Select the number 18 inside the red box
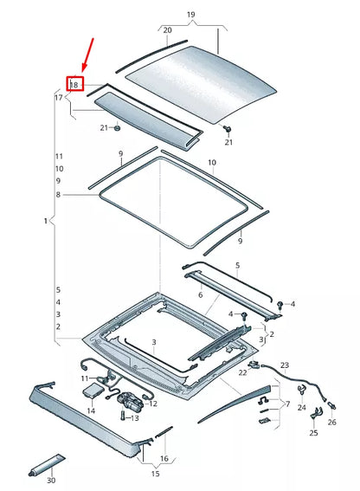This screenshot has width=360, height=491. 74,85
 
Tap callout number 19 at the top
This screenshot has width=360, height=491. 191,15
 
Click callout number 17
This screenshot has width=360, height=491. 59,98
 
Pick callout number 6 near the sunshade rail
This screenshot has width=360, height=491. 201,295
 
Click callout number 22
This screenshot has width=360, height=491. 242,372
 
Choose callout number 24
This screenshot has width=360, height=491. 301,407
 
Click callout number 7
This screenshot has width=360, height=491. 287,404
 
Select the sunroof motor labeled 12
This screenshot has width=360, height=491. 132,401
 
